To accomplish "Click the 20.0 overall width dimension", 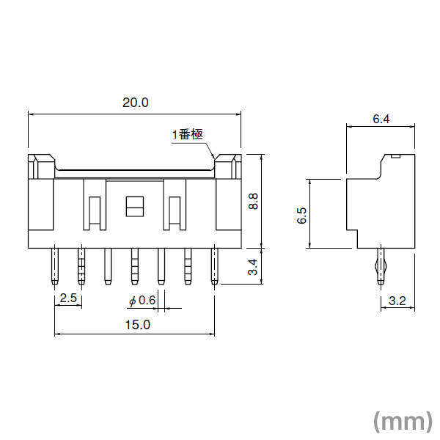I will [135, 103].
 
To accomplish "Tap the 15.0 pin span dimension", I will [136, 325].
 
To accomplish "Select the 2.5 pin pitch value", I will [68, 298].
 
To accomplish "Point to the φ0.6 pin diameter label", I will [142, 301].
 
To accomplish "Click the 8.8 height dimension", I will [253, 201].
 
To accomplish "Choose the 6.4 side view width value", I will [381, 118].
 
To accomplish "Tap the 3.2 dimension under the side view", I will [397, 301].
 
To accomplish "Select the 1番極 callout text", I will [187, 134].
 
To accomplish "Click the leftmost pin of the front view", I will [54, 265].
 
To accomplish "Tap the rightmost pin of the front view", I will [214, 265].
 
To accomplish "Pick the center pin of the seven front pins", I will [134, 265].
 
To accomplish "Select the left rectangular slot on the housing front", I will [94, 213].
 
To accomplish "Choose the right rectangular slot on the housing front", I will [175, 213].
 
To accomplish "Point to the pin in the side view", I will [380, 265].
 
